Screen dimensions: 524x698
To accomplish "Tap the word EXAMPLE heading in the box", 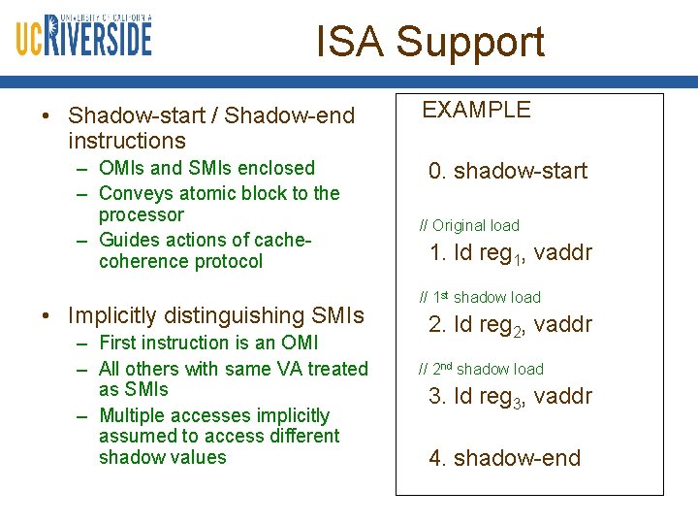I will [476, 110].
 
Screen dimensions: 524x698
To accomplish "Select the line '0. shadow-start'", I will [508, 172].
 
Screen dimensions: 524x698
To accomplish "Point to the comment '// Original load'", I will [469, 226].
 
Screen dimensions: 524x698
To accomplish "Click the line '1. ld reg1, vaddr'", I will [510, 254].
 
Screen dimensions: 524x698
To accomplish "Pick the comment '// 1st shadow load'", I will [480, 298].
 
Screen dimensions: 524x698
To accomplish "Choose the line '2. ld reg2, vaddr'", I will [510, 326].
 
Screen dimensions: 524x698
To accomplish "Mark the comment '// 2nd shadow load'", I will [481, 370].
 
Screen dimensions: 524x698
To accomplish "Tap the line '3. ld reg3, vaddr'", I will [510, 398].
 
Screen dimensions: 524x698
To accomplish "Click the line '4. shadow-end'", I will [504, 458].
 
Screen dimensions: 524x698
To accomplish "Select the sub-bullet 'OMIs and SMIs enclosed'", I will [206, 169].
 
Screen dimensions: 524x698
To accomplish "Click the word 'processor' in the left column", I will [141, 214].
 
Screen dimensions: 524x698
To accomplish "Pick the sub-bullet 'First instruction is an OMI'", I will [208, 343].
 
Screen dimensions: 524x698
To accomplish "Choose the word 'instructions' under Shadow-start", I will [127, 141].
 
